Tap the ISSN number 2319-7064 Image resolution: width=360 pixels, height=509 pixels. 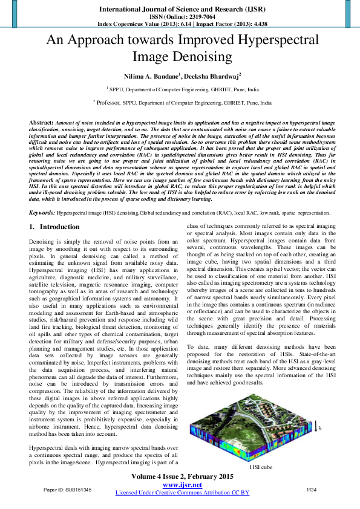coord(194,18)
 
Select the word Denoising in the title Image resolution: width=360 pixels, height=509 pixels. coord(202,57)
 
